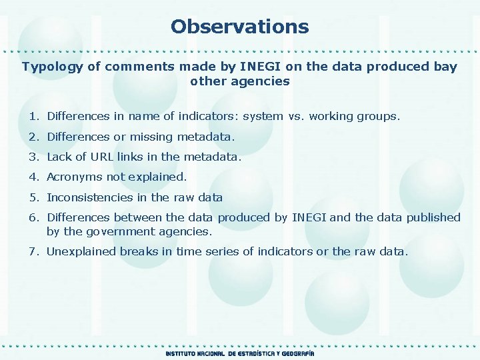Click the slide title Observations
click(239, 27)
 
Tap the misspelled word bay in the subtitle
click(445, 67)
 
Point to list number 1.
click(33, 117)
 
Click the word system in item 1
click(263, 117)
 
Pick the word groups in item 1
click(381, 117)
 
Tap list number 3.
click(33, 157)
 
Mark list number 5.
click(33, 198)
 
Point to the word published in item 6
click(433, 217)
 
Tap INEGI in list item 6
click(309, 217)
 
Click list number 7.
click(33, 252)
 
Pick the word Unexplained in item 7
click(81, 252)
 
